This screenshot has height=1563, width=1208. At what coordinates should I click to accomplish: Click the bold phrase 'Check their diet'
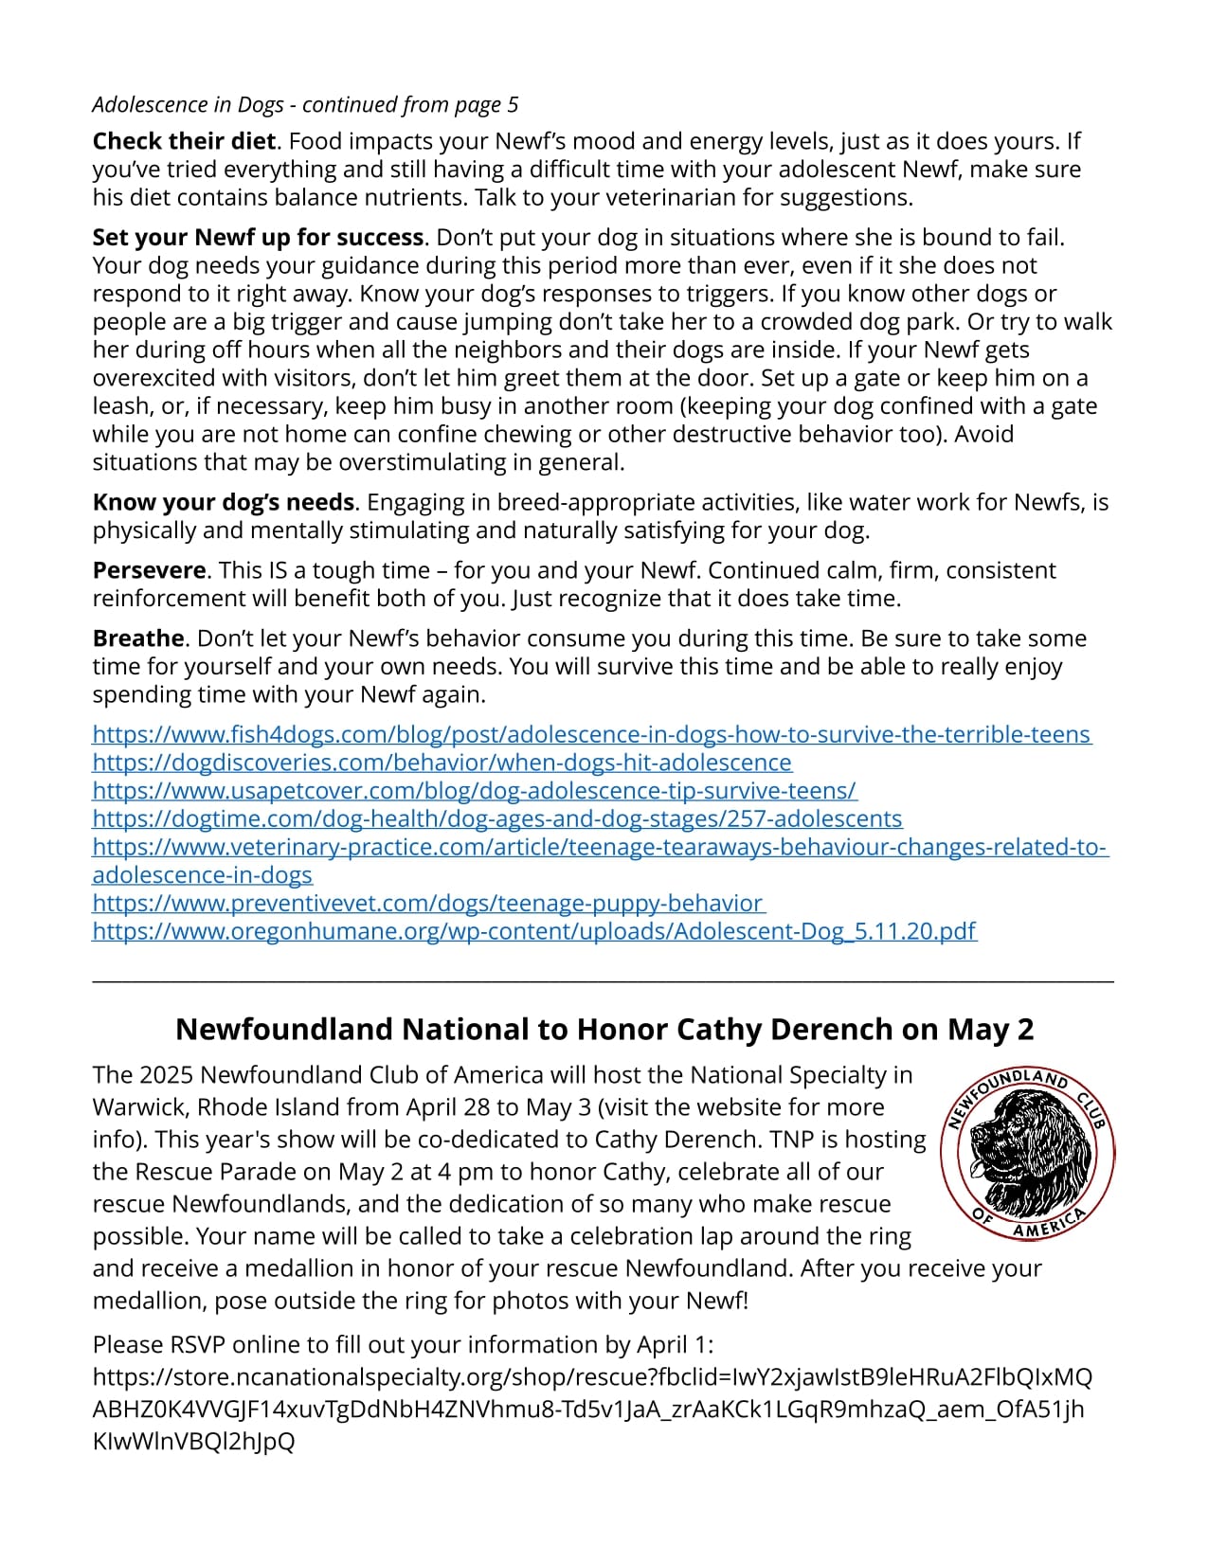[185, 142]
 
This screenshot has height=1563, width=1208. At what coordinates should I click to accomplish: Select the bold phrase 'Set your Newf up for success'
[258, 238]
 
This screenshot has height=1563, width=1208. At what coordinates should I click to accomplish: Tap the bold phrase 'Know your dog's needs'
[224, 502]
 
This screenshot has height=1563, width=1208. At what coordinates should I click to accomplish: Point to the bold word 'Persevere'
[149, 570]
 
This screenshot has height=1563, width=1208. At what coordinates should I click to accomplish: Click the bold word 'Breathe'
[138, 638]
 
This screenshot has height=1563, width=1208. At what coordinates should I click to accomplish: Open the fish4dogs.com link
[591, 735]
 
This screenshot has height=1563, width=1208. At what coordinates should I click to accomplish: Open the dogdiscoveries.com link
[442, 763]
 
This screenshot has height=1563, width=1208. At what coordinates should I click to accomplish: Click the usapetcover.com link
[474, 791]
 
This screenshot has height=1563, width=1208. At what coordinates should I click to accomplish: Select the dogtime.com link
[496, 818]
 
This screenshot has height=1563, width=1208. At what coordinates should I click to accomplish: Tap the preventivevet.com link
[427, 904]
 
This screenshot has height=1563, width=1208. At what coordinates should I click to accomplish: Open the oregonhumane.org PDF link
[534, 931]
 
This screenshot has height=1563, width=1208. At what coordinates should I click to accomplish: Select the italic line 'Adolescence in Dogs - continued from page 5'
[305, 104]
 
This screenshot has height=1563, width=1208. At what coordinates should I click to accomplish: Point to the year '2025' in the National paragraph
[166, 1075]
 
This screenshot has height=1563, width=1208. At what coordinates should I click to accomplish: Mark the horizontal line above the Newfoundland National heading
[603, 982]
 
